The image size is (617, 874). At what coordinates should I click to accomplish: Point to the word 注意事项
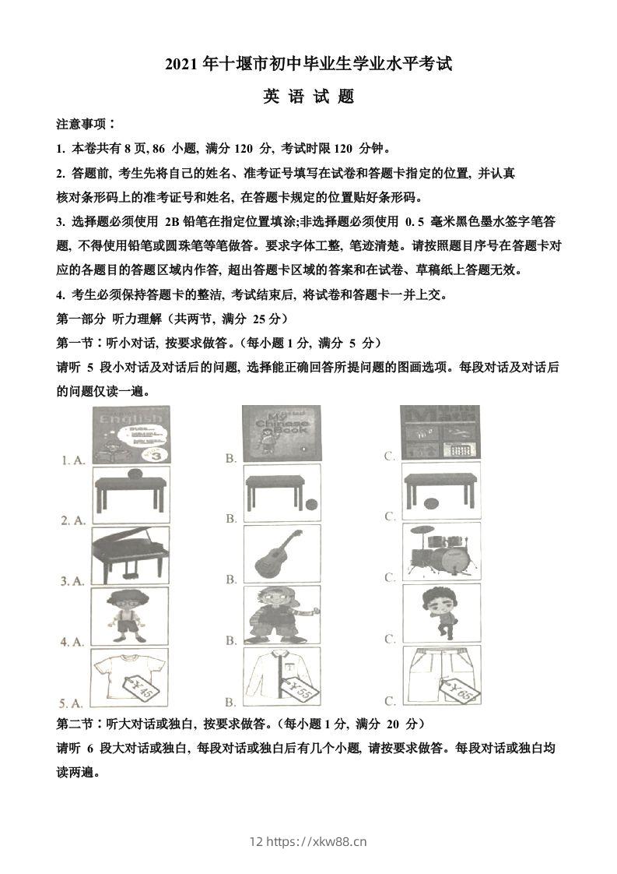tap(85, 124)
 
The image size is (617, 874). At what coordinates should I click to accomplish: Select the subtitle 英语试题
tap(308, 97)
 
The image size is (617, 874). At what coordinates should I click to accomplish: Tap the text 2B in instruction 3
tap(172, 222)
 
